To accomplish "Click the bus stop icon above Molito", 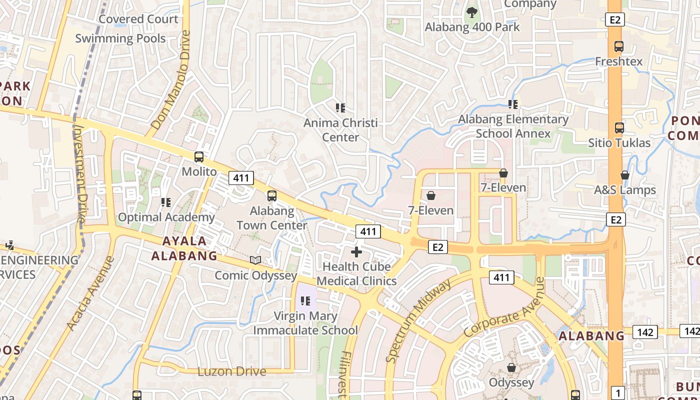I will pyautogui.click(x=199, y=156).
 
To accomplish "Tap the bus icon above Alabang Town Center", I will pyautogui.click(x=271, y=195).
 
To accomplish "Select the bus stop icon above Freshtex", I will pyautogui.click(x=619, y=46).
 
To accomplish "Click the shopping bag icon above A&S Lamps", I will pyautogui.click(x=624, y=175).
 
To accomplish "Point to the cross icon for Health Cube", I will pyautogui.click(x=356, y=251).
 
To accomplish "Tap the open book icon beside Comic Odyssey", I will pyautogui.click(x=255, y=260).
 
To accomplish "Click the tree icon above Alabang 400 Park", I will pyautogui.click(x=471, y=12).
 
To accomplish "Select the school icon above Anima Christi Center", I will pyautogui.click(x=340, y=107).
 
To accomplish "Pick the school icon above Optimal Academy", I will pyautogui.click(x=166, y=202).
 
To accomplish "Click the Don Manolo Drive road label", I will pyautogui.click(x=171, y=80).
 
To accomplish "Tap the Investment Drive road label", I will pyautogui.click(x=79, y=172).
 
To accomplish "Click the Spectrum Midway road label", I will pyautogui.click(x=418, y=320).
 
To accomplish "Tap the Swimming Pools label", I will pyautogui.click(x=120, y=38).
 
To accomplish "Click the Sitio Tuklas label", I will pyautogui.click(x=619, y=143).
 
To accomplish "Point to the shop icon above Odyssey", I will pyautogui.click(x=511, y=367).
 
